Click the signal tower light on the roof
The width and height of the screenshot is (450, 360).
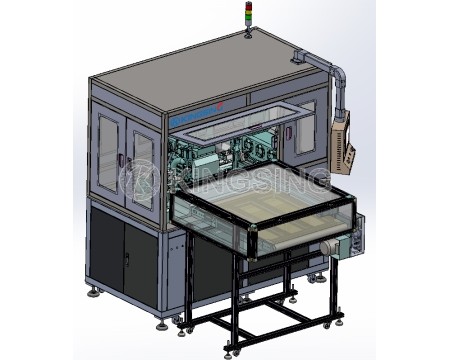[249, 19]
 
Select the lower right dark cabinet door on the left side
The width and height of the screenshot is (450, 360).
[140, 262]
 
